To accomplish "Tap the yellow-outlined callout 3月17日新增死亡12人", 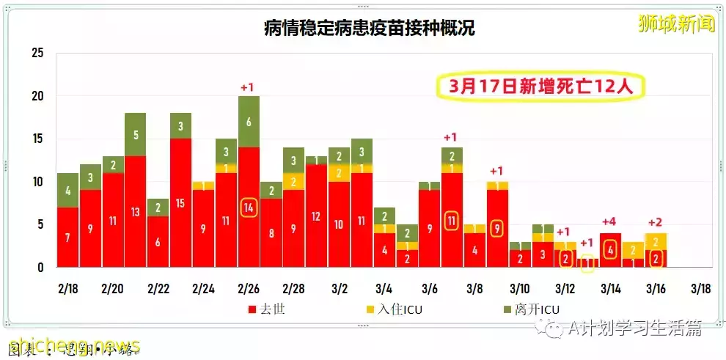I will coord(539,87).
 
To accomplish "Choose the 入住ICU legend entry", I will coord(394,309).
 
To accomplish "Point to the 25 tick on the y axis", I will coord(38,53).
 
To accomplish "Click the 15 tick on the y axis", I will coord(38,139).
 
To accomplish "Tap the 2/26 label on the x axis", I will coord(249,288).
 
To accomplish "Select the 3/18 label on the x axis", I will coord(700,288).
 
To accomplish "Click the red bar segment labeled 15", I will coord(180,203).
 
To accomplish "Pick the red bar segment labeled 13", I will coord(135,212).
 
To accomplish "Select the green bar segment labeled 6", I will coord(249,122).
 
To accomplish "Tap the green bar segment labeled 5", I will coord(135,134).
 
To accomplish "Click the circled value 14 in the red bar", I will coord(249,207).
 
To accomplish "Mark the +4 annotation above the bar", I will coord(609,221).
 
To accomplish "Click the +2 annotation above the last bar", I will coord(655,221).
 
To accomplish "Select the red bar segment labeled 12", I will coord(317,216).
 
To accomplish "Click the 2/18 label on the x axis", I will coord(67,288).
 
